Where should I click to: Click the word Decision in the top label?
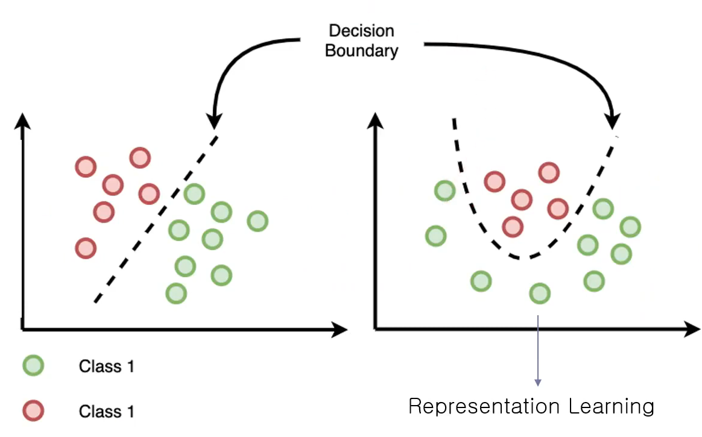(361, 31)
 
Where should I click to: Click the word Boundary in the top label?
(361, 50)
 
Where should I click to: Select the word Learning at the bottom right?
(611, 406)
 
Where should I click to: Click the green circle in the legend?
(33, 365)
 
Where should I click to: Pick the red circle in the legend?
(33, 410)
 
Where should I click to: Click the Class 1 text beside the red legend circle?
(106, 412)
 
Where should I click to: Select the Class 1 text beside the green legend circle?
(106, 366)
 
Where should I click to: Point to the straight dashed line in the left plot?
(154, 220)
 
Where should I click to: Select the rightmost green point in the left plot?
(258, 221)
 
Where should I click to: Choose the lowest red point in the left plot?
(86, 248)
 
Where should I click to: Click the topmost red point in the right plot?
(548, 172)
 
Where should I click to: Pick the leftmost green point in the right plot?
(435, 236)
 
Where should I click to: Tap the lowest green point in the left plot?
(175, 293)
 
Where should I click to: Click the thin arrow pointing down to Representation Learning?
(537, 350)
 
